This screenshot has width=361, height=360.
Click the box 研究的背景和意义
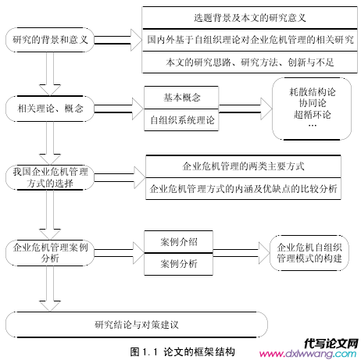(50, 40)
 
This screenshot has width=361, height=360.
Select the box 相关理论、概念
(50, 109)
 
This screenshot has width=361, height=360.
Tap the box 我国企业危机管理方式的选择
(50, 177)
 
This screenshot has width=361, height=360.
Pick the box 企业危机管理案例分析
(50, 253)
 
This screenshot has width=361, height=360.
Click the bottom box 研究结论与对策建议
(137, 325)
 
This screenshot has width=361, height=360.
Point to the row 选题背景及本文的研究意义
(250, 18)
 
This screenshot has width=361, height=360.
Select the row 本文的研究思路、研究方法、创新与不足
(250, 62)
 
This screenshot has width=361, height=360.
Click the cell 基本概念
(181, 98)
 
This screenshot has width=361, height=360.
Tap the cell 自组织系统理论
(181, 120)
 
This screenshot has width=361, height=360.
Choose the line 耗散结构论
(312, 92)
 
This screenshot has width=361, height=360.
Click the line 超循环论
(312, 115)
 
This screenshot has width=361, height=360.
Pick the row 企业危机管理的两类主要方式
(243, 166)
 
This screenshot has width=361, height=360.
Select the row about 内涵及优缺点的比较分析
(243, 189)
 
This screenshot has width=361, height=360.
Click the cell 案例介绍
(179, 242)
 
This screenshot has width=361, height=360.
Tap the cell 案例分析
(179, 264)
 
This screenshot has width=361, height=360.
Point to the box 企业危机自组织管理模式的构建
(309, 253)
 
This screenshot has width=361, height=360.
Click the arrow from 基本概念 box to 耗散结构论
(245, 109)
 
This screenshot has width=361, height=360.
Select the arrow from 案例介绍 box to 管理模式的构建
(241, 253)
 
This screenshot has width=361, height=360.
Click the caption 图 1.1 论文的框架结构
(183, 352)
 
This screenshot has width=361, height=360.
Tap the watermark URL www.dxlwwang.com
(308, 354)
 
